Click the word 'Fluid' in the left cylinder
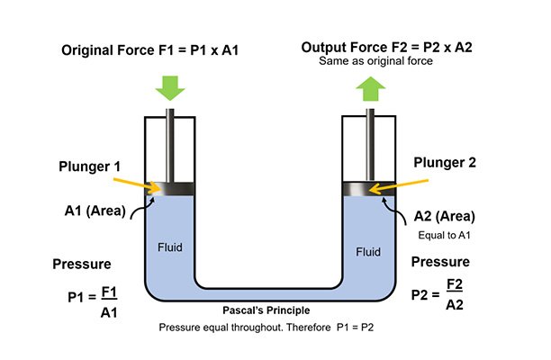click(171, 245)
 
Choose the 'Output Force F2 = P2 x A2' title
click(383, 47)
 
